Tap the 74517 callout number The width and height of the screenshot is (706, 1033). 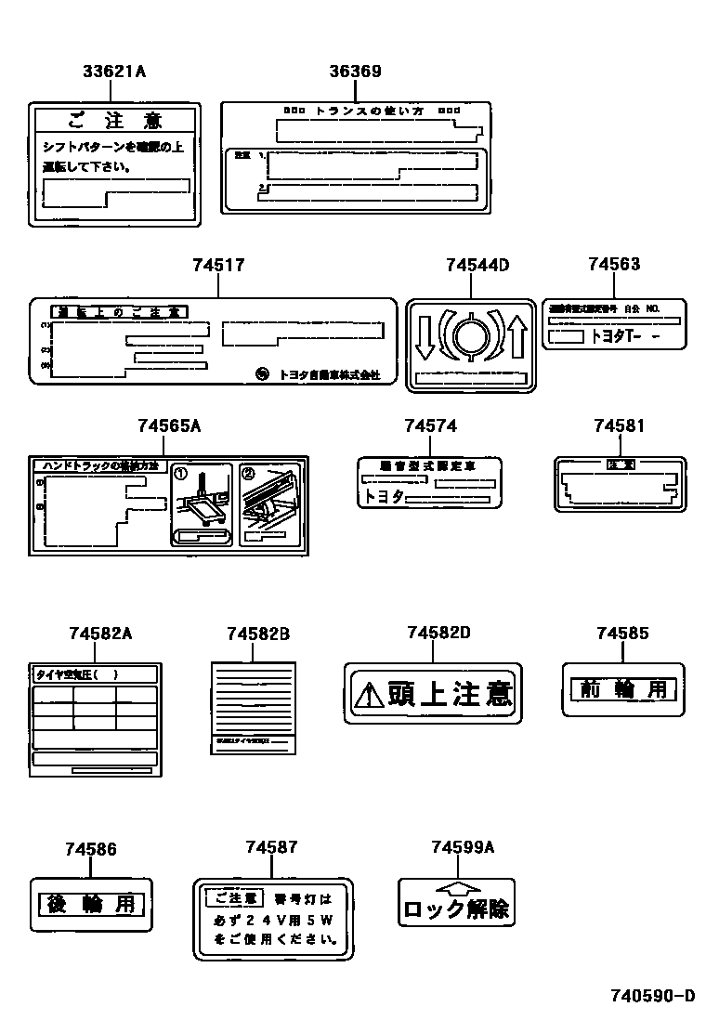click(x=218, y=266)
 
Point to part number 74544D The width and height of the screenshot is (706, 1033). click(x=477, y=266)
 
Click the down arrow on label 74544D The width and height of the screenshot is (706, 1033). click(x=425, y=336)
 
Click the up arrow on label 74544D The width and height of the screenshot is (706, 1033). click(x=517, y=336)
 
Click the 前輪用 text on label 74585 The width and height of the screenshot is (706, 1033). click(x=622, y=689)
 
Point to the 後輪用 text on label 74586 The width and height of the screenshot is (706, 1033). click(x=91, y=903)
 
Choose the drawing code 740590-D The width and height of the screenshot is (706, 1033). click(x=652, y=998)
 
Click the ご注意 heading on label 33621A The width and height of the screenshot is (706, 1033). click(x=115, y=121)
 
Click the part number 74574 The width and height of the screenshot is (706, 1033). click(x=430, y=425)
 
